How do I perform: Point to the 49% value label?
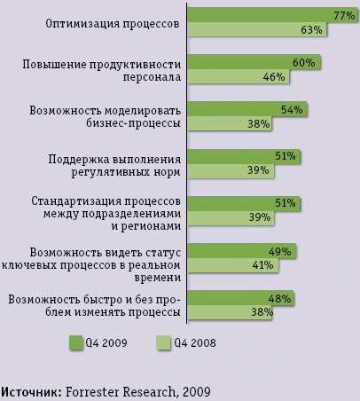click(280, 251)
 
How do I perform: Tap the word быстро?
click(98, 298)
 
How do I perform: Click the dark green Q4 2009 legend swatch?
click(75, 342)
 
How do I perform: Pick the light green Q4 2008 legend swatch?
click(164, 342)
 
